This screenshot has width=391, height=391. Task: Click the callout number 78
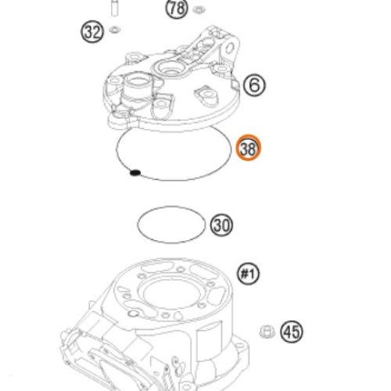pyautogui.click(x=177, y=9)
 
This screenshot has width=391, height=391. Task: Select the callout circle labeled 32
pyautogui.click(x=92, y=32)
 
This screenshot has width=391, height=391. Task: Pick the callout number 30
pyautogui.click(x=221, y=225)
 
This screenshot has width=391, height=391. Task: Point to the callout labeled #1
pyautogui.click(x=248, y=274)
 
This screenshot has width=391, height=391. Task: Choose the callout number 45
pyautogui.click(x=292, y=332)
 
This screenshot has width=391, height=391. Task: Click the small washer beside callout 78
pyautogui.click(x=198, y=10)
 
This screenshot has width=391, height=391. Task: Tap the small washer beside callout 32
pyautogui.click(x=116, y=30)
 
